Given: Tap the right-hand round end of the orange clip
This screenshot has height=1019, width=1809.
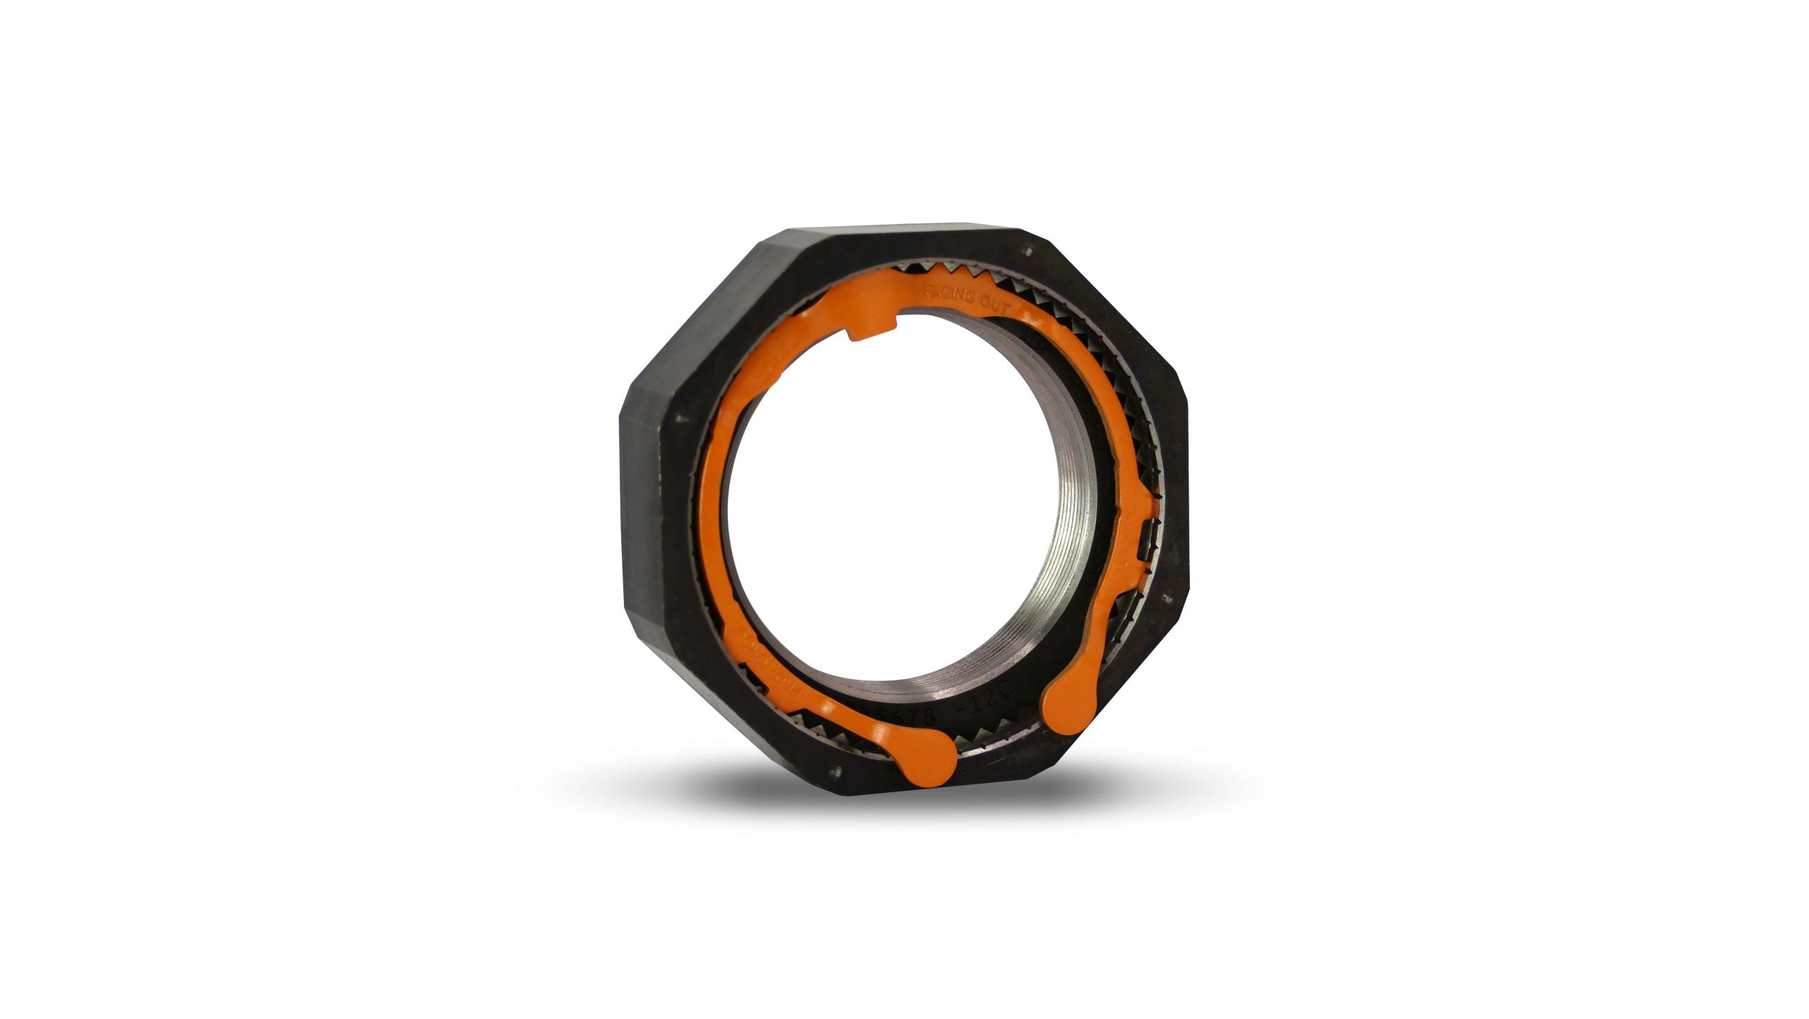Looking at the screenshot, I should pyautogui.click(x=1061, y=720).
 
